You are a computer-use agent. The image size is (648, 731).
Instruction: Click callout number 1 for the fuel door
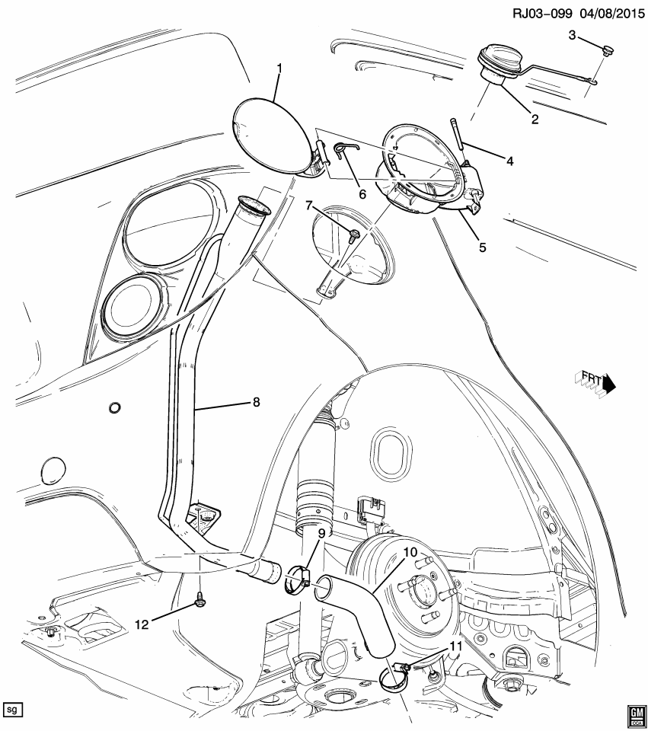click(x=279, y=69)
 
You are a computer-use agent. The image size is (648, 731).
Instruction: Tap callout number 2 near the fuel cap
click(x=535, y=120)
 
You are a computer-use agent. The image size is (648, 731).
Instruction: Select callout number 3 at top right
click(x=572, y=35)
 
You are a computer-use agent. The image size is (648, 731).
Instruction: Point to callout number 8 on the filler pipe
click(x=256, y=401)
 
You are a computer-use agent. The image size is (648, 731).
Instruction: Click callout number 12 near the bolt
click(x=142, y=624)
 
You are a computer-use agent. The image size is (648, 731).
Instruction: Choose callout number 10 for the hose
click(x=410, y=553)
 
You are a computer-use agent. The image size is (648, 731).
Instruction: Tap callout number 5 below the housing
click(x=483, y=247)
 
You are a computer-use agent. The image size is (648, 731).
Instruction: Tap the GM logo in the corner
click(x=634, y=716)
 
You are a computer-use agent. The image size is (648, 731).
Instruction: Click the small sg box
click(x=12, y=710)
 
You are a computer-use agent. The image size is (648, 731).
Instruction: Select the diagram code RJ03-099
click(x=542, y=13)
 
